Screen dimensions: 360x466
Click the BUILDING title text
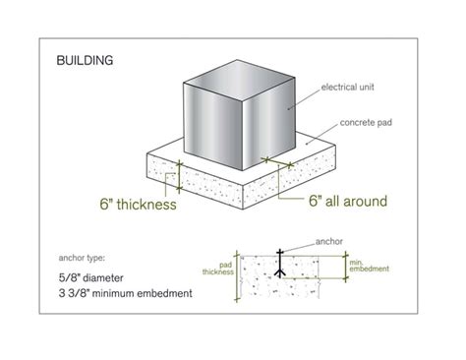point(86,60)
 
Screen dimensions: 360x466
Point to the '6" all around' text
point(333,201)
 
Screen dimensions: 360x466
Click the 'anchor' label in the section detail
point(329,238)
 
